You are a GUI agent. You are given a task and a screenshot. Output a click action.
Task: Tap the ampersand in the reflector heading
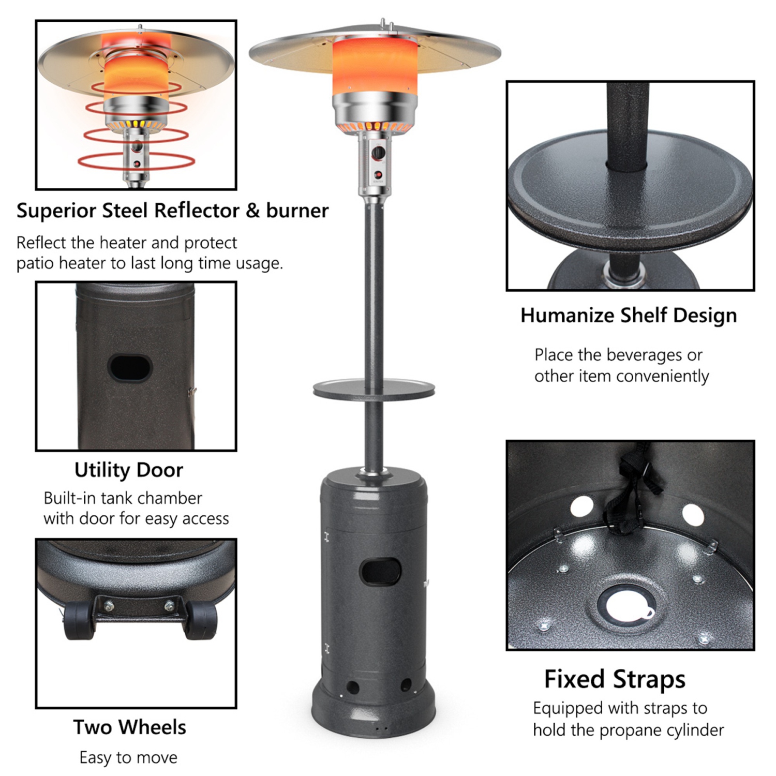[252, 211]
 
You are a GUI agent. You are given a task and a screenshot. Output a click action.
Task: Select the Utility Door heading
[129, 470]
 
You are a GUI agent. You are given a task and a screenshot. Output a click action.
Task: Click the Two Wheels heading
[129, 727]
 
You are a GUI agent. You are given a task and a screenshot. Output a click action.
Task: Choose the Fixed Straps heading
[615, 679]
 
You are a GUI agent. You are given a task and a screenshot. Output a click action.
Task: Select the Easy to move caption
[128, 757]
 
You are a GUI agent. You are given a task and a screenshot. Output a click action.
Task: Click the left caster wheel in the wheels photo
[78, 621]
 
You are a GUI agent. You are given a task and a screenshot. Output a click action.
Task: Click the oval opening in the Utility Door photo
[130, 367]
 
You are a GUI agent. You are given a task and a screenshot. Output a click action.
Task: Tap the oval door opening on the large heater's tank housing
[381, 571]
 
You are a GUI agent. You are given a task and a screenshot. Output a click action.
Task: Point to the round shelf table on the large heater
[374, 389]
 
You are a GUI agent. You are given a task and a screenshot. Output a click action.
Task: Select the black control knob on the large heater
[378, 153]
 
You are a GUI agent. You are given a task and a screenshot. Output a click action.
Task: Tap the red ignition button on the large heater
[378, 174]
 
